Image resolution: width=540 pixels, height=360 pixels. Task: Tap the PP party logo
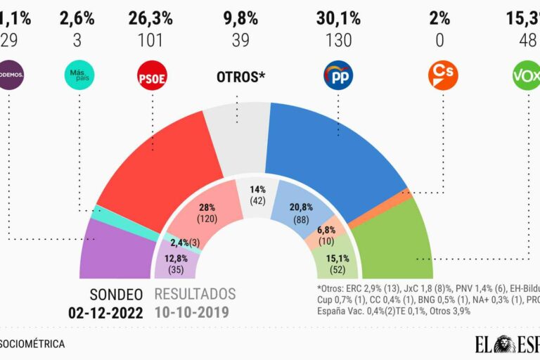coord(338,75)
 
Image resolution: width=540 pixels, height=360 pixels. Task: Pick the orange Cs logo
coord(440,75)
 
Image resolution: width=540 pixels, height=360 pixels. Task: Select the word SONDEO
coord(117,295)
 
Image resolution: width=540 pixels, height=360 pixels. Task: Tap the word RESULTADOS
coord(195,295)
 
